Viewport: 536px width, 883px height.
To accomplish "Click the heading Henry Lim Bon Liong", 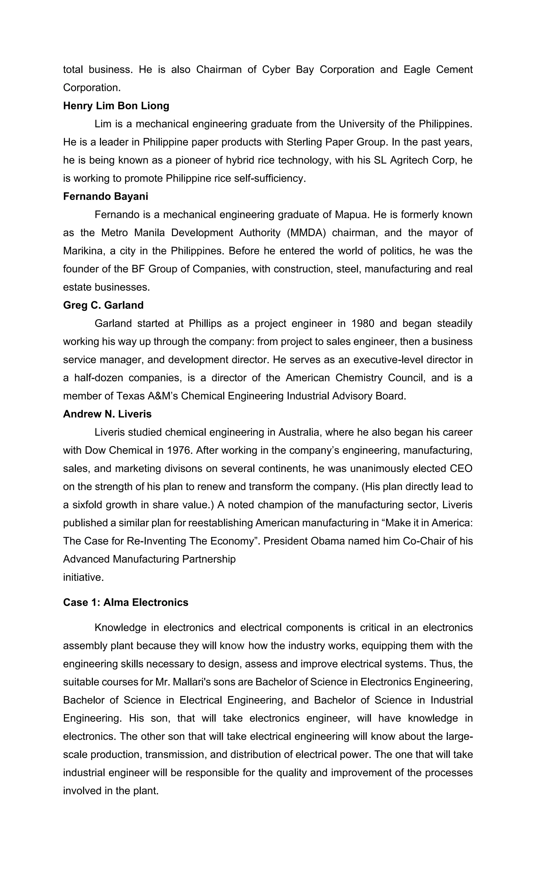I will click(x=116, y=106).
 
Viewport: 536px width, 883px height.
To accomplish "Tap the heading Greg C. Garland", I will click(x=103, y=305).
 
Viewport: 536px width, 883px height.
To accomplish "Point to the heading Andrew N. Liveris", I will click(x=107, y=414).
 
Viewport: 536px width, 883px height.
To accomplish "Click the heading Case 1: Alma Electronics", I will click(x=125, y=602).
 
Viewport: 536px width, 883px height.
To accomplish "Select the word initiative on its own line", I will click(x=83, y=577).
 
